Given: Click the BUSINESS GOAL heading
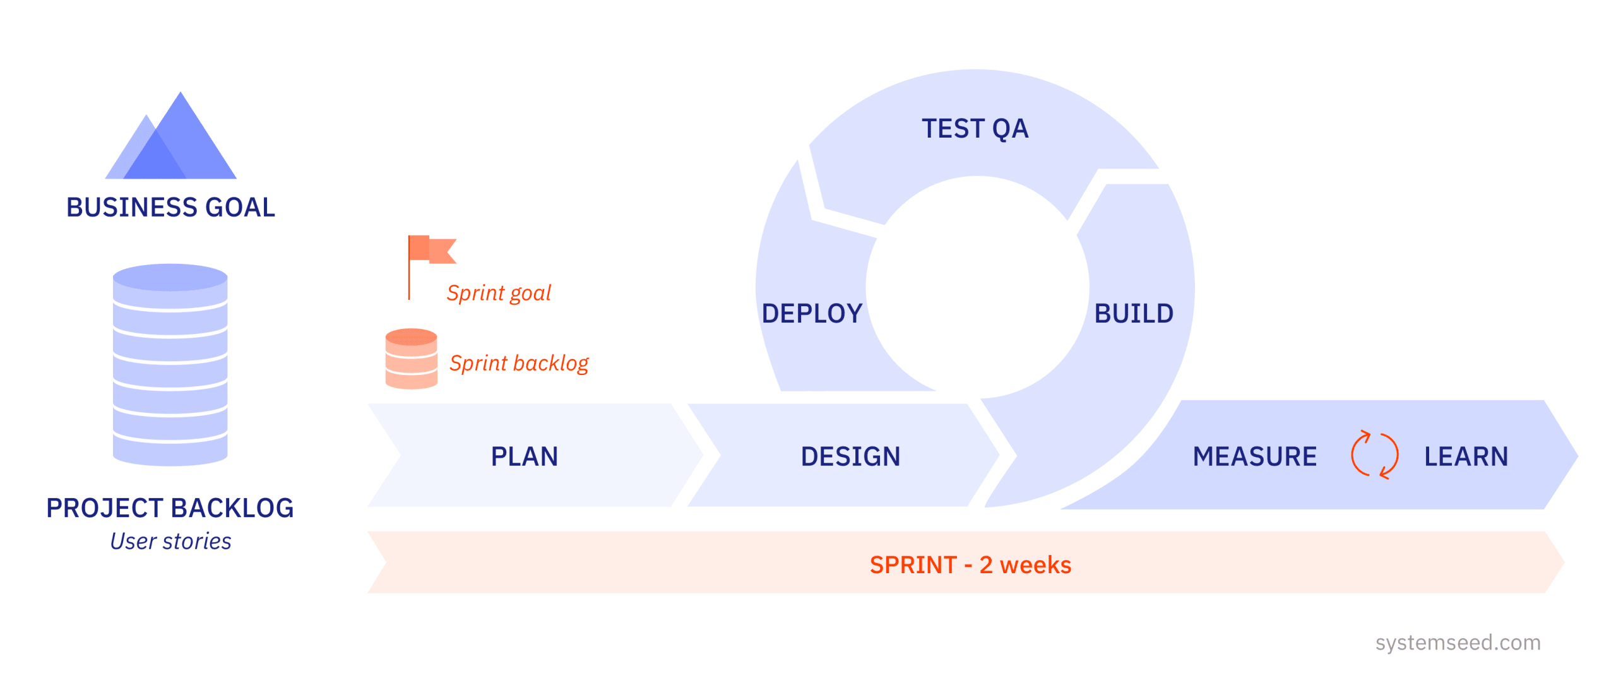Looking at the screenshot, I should [170, 208].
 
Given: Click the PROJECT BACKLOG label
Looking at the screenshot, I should [170, 508].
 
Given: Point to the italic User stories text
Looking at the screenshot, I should [170, 542].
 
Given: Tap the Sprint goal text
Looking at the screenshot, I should [499, 293].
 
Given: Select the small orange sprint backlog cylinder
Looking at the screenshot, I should [411, 359].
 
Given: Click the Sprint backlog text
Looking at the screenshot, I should [519, 363].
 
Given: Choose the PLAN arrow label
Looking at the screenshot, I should [525, 456].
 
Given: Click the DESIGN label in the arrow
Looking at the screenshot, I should [850, 456].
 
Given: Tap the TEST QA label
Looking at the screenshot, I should [975, 129].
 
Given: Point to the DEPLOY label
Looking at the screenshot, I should [812, 314].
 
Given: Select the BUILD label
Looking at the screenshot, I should [1134, 314].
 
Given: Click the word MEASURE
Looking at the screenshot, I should [1255, 456].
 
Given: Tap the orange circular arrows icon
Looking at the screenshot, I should [1374, 455].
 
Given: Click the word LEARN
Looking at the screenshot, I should [1466, 456].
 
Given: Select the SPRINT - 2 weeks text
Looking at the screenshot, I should [970, 565].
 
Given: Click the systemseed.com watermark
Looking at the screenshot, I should [1458, 643].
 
